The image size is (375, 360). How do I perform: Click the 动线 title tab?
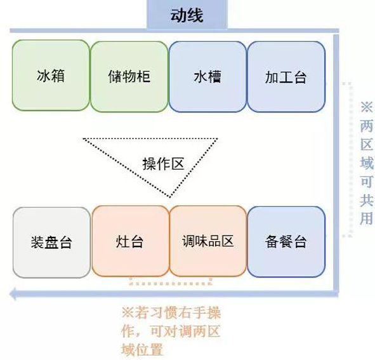pos(187,15)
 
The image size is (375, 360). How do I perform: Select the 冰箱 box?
pos(51,76)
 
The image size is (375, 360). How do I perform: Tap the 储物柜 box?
pos(129,77)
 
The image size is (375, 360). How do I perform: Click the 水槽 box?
pos(207,77)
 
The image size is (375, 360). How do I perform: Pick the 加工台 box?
pos(286,77)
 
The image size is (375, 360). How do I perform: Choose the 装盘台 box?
pos(51,243)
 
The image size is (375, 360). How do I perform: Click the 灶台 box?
pos(130,241)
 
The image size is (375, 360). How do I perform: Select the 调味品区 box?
pos(208,241)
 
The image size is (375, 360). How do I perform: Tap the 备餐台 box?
pos(286,242)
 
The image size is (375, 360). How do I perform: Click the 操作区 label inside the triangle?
pos(163,164)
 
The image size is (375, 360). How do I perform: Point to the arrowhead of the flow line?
pos(13,294)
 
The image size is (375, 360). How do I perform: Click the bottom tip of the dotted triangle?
pos(170,197)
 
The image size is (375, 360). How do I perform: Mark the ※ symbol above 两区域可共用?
pos(367,107)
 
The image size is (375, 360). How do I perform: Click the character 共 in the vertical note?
pos(367,200)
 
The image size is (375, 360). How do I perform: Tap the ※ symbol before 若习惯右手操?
pos(128,312)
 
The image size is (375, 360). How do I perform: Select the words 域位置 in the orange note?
pos(142,350)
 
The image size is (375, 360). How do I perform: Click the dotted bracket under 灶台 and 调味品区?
pos(171,284)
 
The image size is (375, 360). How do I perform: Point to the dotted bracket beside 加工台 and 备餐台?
pos(350,159)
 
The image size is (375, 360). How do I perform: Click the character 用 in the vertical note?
pos(367,218)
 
